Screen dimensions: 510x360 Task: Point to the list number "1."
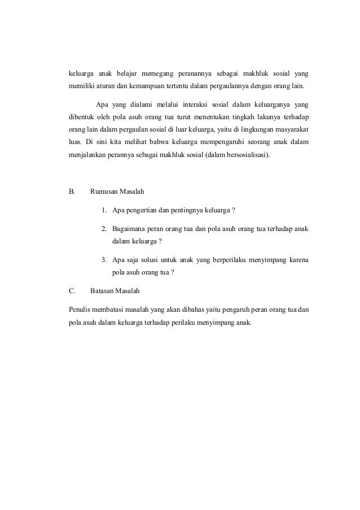[105, 211]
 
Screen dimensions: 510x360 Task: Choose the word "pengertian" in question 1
[141, 211]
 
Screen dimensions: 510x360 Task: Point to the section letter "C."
[72, 291]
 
